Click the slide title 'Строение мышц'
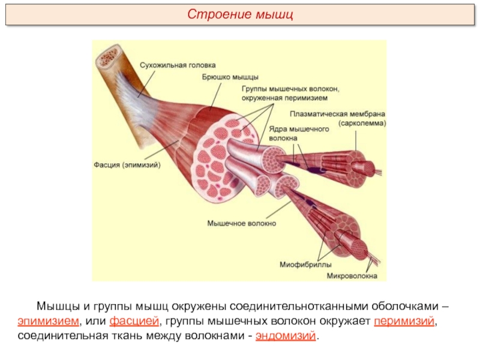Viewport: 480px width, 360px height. pyautogui.click(x=240, y=14)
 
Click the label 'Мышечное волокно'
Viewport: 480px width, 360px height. pyautogui.click(x=241, y=223)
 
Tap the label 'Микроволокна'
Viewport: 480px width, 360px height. pyautogui.click(x=352, y=277)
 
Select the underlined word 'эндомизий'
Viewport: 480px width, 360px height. pyautogui.click(x=284, y=335)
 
